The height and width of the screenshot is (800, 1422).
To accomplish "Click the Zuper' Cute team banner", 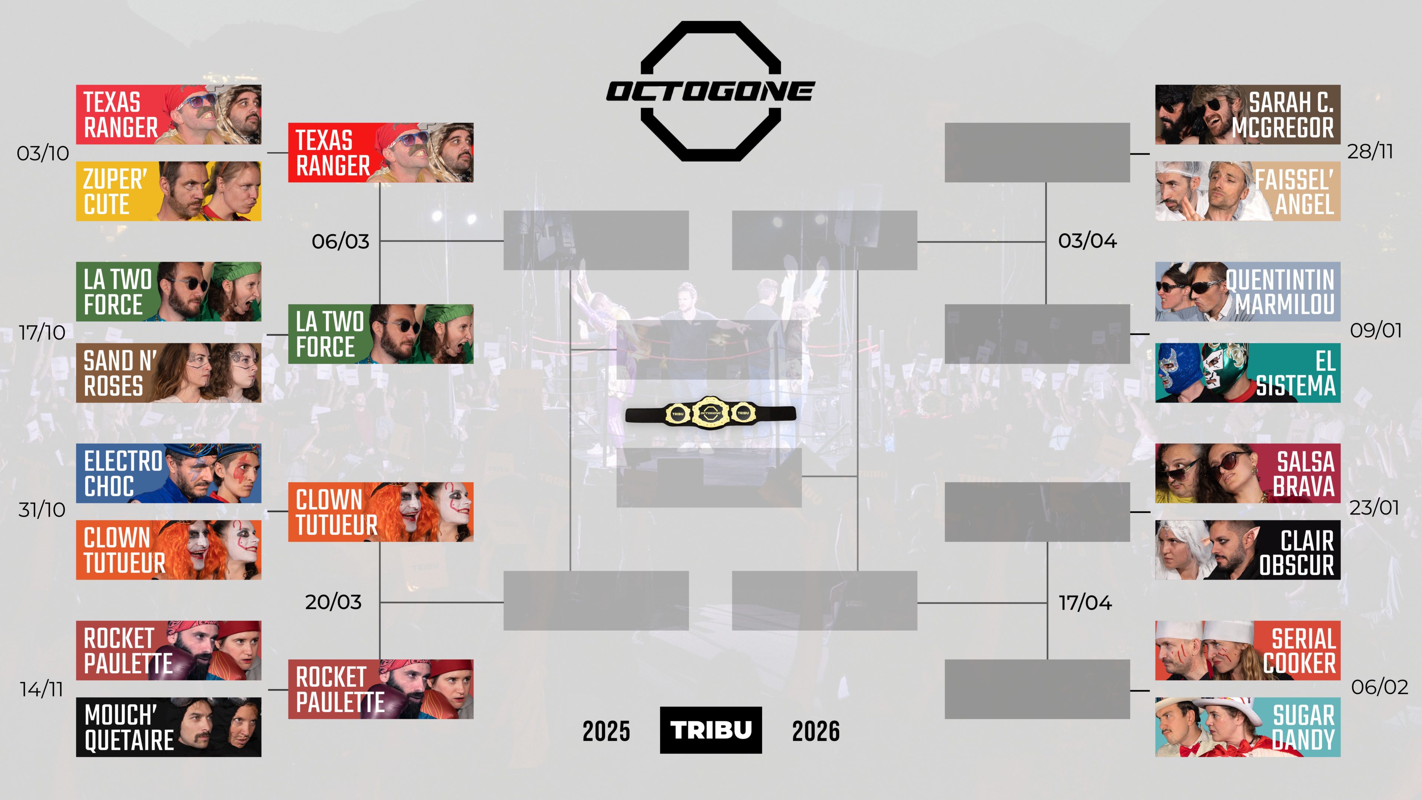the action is click(x=168, y=191).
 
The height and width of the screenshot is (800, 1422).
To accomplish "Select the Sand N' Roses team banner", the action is click(x=168, y=373).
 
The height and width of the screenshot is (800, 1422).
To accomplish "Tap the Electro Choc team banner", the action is click(x=168, y=473).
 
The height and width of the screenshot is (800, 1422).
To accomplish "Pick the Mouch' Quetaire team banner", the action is click(x=168, y=727).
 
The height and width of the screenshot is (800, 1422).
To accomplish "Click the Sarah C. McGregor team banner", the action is click(x=1248, y=114).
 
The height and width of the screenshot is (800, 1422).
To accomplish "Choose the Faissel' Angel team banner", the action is click(x=1248, y=191).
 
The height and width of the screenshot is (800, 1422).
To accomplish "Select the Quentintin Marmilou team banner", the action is click(x=1248, y=291).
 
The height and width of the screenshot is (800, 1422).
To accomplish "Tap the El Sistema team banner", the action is click(x=1248, y=373).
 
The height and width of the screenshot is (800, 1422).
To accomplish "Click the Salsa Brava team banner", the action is click(x=1248, y=473).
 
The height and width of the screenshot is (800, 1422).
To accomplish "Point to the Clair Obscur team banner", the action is click(x=1248, y=550).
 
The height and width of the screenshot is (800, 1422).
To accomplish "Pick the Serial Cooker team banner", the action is click(x=1248, y=650).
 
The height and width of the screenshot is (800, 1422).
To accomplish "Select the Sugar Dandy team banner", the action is click(x=1248, y=727).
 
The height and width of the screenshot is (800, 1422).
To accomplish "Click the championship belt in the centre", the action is click(x=711, y=413).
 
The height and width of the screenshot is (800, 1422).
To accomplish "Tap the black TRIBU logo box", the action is click(x=711, y=730).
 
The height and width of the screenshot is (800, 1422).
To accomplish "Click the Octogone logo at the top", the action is click(x=711, y=91).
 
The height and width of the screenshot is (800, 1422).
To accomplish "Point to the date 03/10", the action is click(x=43, y=153).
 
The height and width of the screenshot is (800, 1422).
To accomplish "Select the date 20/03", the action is click(x=333, y=602).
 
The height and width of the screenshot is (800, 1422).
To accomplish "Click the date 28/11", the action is click(x=1370, y=151).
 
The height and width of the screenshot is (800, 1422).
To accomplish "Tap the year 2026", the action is click(x=816, y=731).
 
